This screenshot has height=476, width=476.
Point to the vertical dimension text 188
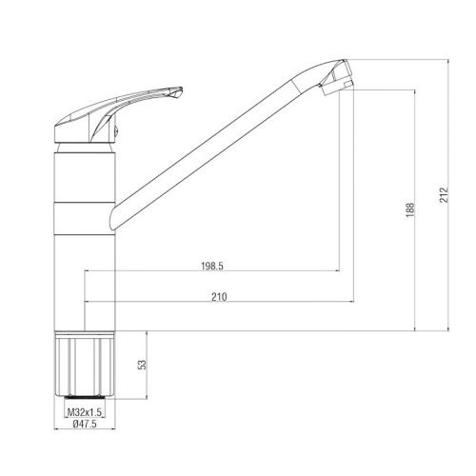409,209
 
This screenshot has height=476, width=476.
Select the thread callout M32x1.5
85,412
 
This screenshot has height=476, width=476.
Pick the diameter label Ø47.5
84,426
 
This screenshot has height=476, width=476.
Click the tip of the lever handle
179,91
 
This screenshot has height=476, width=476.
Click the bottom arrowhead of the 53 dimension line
147,394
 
